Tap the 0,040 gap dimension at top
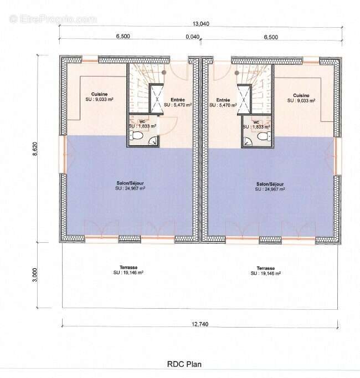(x=193, y=37)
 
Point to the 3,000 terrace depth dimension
(x=34, y=275)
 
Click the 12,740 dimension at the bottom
(x=200, y=325)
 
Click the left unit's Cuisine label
(x=100, y=95)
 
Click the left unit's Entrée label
(x=178, y=99)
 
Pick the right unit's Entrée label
(x=224, y=100)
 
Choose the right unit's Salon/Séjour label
(x=270, y=184)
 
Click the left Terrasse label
(x=128, y=267)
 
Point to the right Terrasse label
(x=265, y=268)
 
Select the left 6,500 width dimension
(x=123, y=37)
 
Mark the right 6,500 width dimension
(x=271, y=37)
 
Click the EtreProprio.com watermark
(x=53, y=19)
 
